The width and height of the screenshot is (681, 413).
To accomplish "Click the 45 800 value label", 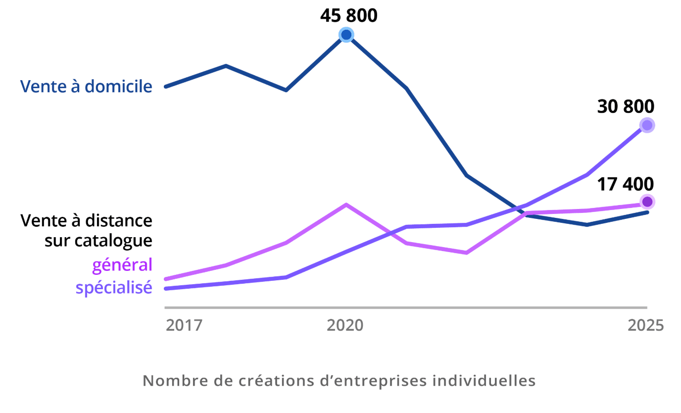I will pos(348,15).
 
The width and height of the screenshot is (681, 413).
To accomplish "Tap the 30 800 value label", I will pos(626,106).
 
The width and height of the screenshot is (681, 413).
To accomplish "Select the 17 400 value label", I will pos(625,184).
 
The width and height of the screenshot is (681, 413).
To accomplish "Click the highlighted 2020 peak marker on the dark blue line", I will pos(346,35).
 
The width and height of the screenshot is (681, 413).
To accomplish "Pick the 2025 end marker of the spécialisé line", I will pos(647,125).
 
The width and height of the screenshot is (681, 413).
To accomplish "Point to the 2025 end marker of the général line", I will pos(647,202).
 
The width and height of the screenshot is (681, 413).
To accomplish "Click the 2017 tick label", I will pos(184,325).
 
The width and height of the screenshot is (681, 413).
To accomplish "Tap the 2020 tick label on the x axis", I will pos(345,325).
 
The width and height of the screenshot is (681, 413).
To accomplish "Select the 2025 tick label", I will pos(645,325).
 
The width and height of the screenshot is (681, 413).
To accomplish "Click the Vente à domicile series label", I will pos(86,87).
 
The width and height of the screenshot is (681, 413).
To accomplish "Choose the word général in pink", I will pos(122,265).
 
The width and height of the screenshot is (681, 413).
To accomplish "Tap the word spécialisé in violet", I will pos(114,287).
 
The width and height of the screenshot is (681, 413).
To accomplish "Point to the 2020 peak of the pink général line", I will pos(346,205).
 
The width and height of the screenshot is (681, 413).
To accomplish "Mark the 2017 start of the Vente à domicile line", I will pos(166,87).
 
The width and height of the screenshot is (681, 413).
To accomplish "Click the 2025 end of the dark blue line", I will pos(647,212).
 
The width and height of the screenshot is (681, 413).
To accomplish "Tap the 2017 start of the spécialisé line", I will pos(166,288).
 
